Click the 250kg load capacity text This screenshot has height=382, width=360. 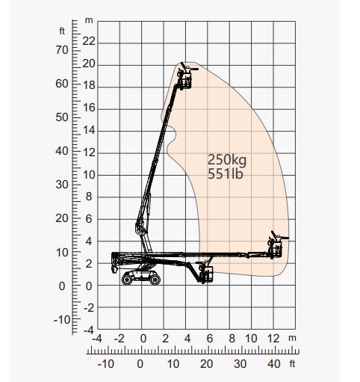[228, 159]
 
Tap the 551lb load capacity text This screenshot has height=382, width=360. [226, 174]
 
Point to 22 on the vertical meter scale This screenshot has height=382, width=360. [89, 41]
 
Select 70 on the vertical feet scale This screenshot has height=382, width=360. [63, 49]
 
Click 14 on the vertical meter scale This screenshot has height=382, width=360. [89, 130]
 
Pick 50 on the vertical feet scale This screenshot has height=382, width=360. [63, 117]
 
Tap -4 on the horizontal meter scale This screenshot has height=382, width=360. [97, 338]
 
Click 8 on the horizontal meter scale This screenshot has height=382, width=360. [232, 338]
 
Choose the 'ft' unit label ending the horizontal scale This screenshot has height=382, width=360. [293, 364]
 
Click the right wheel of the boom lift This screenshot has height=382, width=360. [154, 279]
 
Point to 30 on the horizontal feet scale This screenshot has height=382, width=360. [240, 364]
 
